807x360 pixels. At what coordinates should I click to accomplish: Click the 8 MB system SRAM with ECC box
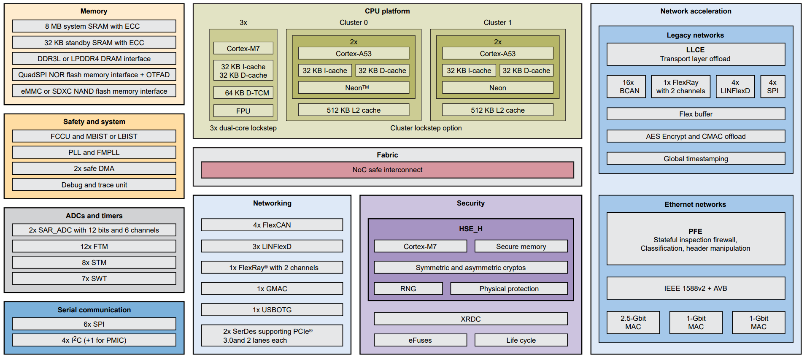point(94,26)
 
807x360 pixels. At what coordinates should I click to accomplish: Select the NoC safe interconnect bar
point(387,170)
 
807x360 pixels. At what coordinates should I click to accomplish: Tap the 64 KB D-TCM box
point(243,93)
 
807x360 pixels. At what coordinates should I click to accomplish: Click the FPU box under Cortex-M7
point(243,111)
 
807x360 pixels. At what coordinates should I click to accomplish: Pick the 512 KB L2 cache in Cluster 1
point(497,110)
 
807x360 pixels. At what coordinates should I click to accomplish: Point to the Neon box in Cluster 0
point(354,88)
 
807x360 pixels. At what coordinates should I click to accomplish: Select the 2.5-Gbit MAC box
point(633,322)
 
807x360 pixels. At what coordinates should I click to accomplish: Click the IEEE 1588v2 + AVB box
point(695,288)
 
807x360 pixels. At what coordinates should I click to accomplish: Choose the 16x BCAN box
point(626,87)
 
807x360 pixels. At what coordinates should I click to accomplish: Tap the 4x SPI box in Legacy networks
point(772,87)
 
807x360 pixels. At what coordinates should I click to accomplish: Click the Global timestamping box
point(695,159)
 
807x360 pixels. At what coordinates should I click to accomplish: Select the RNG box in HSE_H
point(408,289)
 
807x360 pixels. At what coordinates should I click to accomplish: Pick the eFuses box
point(420,340)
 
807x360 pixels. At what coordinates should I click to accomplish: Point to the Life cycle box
point(521,340)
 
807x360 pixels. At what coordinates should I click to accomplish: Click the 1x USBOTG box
point(272,310)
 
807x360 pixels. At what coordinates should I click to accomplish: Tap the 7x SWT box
point(94,279)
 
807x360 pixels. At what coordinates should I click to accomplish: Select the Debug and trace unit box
point(94,185)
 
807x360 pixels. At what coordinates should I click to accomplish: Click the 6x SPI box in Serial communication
point(94,324)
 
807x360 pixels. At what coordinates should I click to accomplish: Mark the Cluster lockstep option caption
point(426,128)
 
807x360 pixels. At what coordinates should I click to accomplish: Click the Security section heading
point(470,203)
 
